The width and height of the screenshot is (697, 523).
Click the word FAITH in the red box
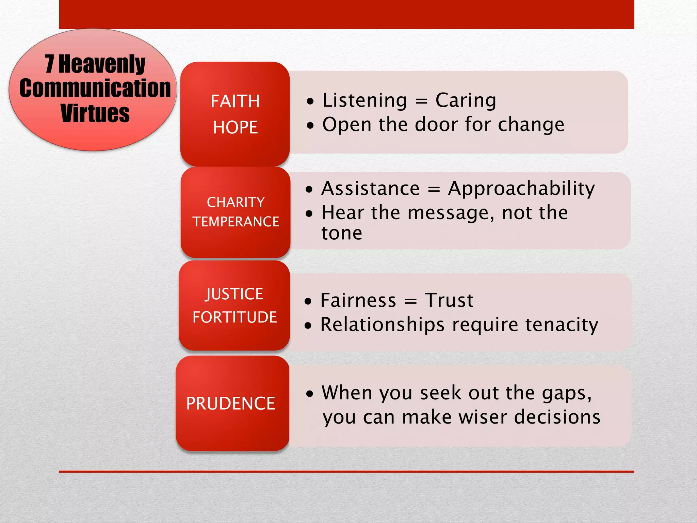click(x=235, y=101)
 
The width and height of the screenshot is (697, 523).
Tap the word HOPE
click(x=235, y=128)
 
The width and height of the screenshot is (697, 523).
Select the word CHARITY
click(x=236, y=203)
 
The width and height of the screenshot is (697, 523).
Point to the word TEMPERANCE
click(x=236, y=222)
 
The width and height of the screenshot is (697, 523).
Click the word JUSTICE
click(x=234, y=294)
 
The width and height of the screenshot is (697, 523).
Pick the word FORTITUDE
click(x=234, y=317)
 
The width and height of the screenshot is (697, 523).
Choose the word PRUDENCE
click(x=230, y=404)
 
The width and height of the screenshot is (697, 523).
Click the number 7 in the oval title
click(x=50, y=64)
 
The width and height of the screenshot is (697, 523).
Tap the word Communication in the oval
click(x=95, y=89)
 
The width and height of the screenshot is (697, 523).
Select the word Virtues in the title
click(x=95, y=113)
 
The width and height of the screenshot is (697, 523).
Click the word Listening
click(x=364, y=101)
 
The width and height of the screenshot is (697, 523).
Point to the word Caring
click(x=466, y=101)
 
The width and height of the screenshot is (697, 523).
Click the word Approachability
click(x=521, y=189)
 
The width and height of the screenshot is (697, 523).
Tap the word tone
click(x=342, y=234)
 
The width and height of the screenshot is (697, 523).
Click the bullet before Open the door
click(x=310, y=126)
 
